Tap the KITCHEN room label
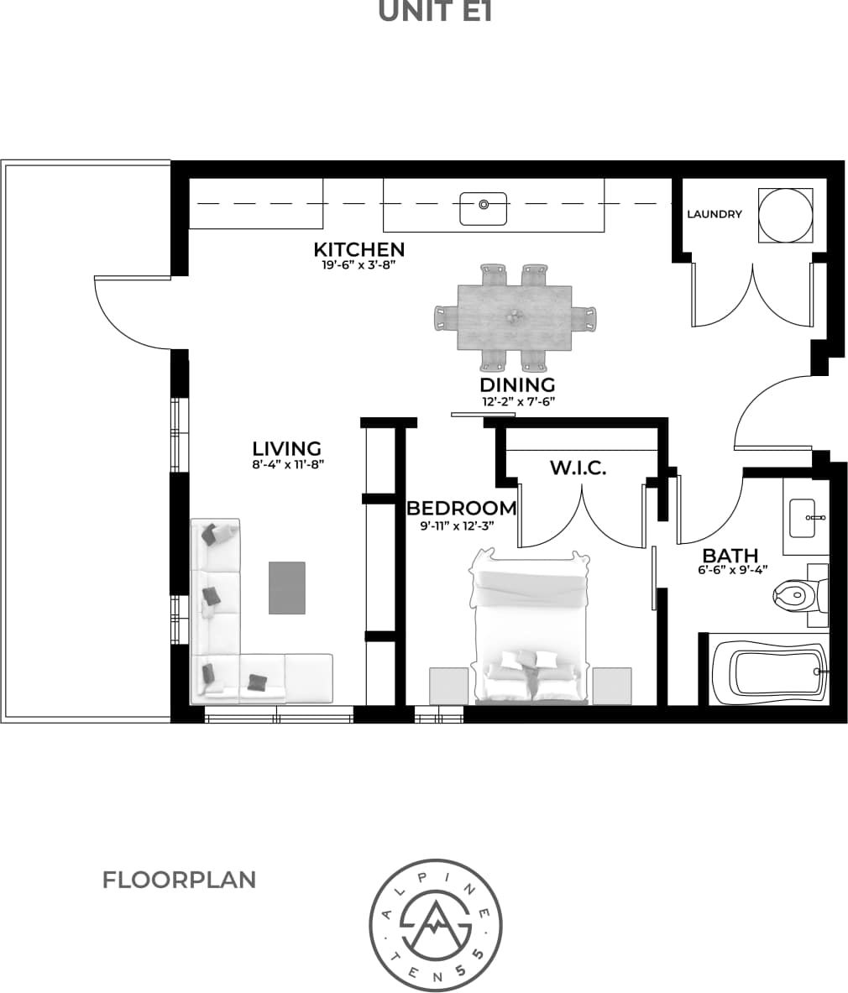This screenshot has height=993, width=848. pos(359,249)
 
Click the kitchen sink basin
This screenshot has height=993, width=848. pos(483,208)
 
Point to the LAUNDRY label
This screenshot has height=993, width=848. pos(715,214)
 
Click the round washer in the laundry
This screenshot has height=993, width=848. pos(786,215)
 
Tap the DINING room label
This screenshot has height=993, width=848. pos(517,384)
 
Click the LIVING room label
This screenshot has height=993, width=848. pos(287,448)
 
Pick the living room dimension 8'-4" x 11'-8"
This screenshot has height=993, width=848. pos(287,463)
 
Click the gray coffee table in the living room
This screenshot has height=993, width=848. pos(287,588)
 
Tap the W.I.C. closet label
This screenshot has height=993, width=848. pos(578,468)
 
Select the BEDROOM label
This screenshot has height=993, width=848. pos(461,508)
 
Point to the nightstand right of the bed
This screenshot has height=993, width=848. pos(612,686)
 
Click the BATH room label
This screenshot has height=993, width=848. pos(730,555)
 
